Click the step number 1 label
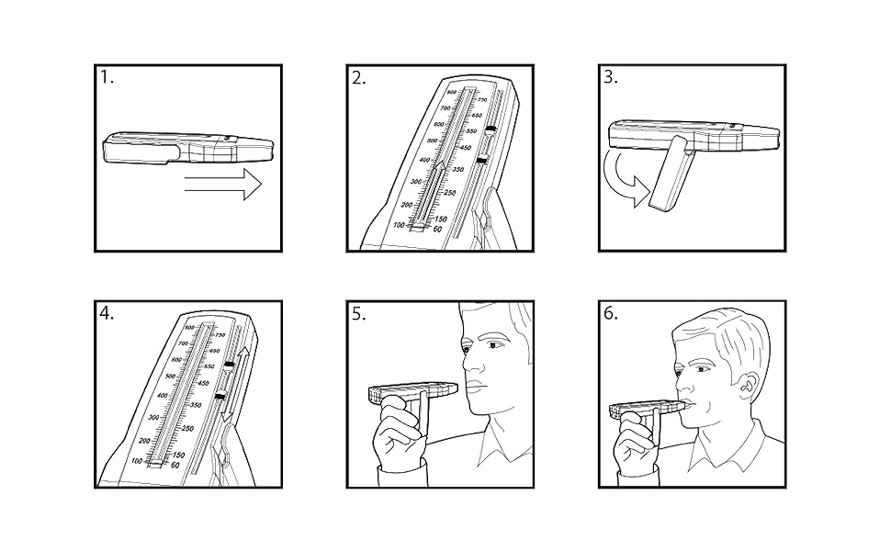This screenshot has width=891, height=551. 108,78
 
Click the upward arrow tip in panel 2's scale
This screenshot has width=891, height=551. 442,164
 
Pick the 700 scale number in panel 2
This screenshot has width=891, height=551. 440,107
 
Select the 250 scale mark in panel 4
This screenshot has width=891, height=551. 187,429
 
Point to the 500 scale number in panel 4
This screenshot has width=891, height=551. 169,377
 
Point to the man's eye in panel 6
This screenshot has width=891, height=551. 704,369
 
